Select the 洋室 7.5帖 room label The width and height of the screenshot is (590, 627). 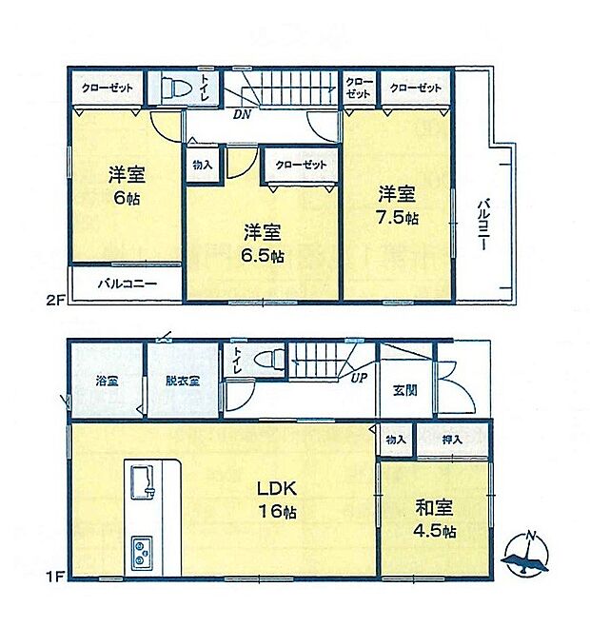pyautogui.click(x=397, y=205)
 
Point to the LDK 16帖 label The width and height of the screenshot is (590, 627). pyautogui.click(x=277, y=500)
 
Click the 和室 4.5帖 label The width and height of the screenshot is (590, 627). pyautogui.click(x=435, y=519)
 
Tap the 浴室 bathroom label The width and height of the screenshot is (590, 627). pyautogui.click(x=106, y=380)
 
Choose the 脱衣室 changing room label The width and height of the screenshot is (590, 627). pyautogui.click(x=182, y=380)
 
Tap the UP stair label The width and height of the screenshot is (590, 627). pyautogui.click(x=363, y=378)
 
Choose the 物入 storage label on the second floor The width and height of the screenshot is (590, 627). pyautogui.click(x=201, y=165)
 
